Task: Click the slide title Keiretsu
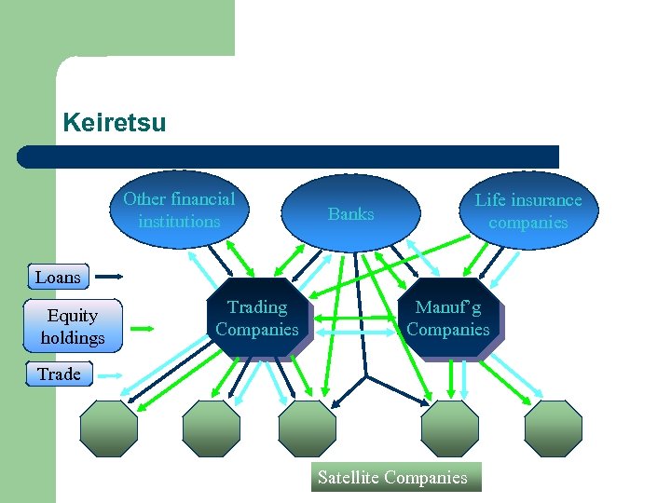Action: click(x=114, y=123)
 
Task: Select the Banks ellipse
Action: click(x=351, y=213)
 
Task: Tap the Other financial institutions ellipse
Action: click(x=179, y=210)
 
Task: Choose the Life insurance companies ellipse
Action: click(x=528, y=211)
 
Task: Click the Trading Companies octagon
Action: click(x=257, y=318)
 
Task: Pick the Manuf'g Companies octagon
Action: click(x=448, y=318)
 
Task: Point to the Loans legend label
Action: click(x=58, y=277)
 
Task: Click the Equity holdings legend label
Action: click(x=72, y=326)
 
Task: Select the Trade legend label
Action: click(x=59, y=374)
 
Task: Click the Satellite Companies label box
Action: click(x=392, y=477)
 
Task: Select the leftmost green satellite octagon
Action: click(x=108, y=428)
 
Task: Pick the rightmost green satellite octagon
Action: click(x=553, y=428)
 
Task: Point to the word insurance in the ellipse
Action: click(x=549, y=200)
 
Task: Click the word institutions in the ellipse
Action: click(x=179, y=222)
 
